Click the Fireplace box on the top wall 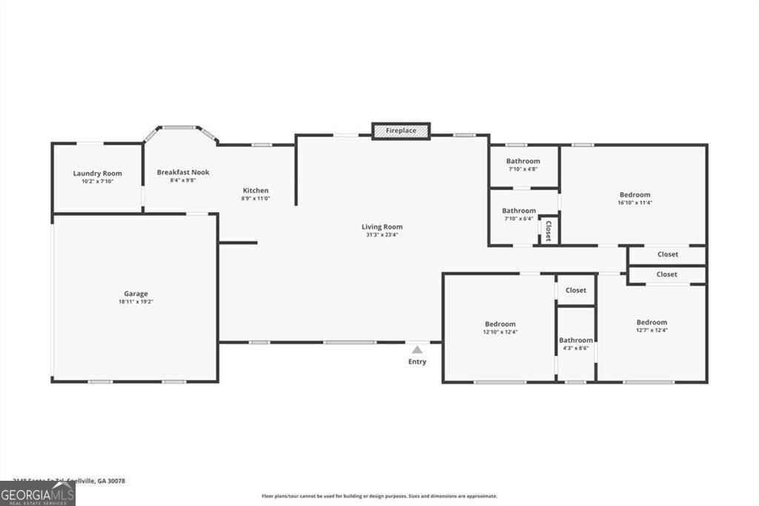[x=401, y=131]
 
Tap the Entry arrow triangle [x=417, y=350]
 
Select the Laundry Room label [x=97, y=174]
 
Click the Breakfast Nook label [x=183, y=172]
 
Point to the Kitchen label [x=256, y=191]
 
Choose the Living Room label [x=382, y=227]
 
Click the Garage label [x=136, y=294]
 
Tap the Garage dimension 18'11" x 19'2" [x=136, y=302]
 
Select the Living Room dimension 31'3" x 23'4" [x=382, y=235]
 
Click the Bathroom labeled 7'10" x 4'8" [x=523, y=161]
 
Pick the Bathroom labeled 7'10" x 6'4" [x=519, y=211]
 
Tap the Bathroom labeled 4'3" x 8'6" [x=576, y=340]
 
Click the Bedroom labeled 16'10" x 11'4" [x=634, y=195]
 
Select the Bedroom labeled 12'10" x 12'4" [x=500, y=324]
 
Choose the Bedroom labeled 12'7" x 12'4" [x=652, y=322]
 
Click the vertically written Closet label [x=548, y=231]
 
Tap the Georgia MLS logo [x=38, y=493]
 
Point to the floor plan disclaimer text [x=379, y=496]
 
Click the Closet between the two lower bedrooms [x=576, y=290]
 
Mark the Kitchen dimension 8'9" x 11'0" [x=256, y=199]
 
